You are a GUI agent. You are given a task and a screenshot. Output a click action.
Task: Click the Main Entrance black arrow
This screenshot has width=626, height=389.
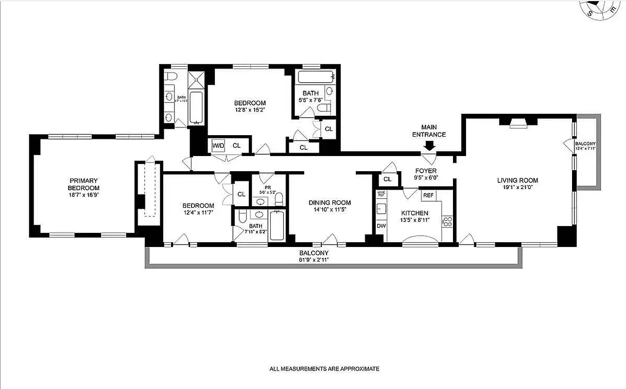[429, 145]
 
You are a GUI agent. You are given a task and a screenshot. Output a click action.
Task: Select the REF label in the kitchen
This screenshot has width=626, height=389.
[428, 195]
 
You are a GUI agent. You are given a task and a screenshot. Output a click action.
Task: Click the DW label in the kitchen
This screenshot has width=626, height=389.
[381, 226]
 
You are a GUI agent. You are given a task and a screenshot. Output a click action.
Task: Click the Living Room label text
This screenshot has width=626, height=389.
[518, 180]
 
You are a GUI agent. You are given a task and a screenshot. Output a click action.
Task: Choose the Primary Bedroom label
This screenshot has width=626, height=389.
[84, 184]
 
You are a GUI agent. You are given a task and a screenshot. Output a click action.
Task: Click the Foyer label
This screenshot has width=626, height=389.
[426, 171]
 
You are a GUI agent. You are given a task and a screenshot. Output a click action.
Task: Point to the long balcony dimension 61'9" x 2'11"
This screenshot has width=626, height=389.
[313, 260]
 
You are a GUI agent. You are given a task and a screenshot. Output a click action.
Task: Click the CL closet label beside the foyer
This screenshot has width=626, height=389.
[387, 179]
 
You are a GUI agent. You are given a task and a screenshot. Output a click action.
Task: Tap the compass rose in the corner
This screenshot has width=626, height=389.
[603, 9]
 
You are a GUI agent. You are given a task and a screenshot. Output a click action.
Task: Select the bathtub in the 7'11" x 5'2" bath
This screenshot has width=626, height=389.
[277, 225]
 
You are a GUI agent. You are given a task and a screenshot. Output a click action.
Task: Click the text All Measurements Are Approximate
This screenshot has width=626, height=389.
[324, 369]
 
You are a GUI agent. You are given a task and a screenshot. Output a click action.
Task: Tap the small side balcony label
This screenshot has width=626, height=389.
[585, 146]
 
